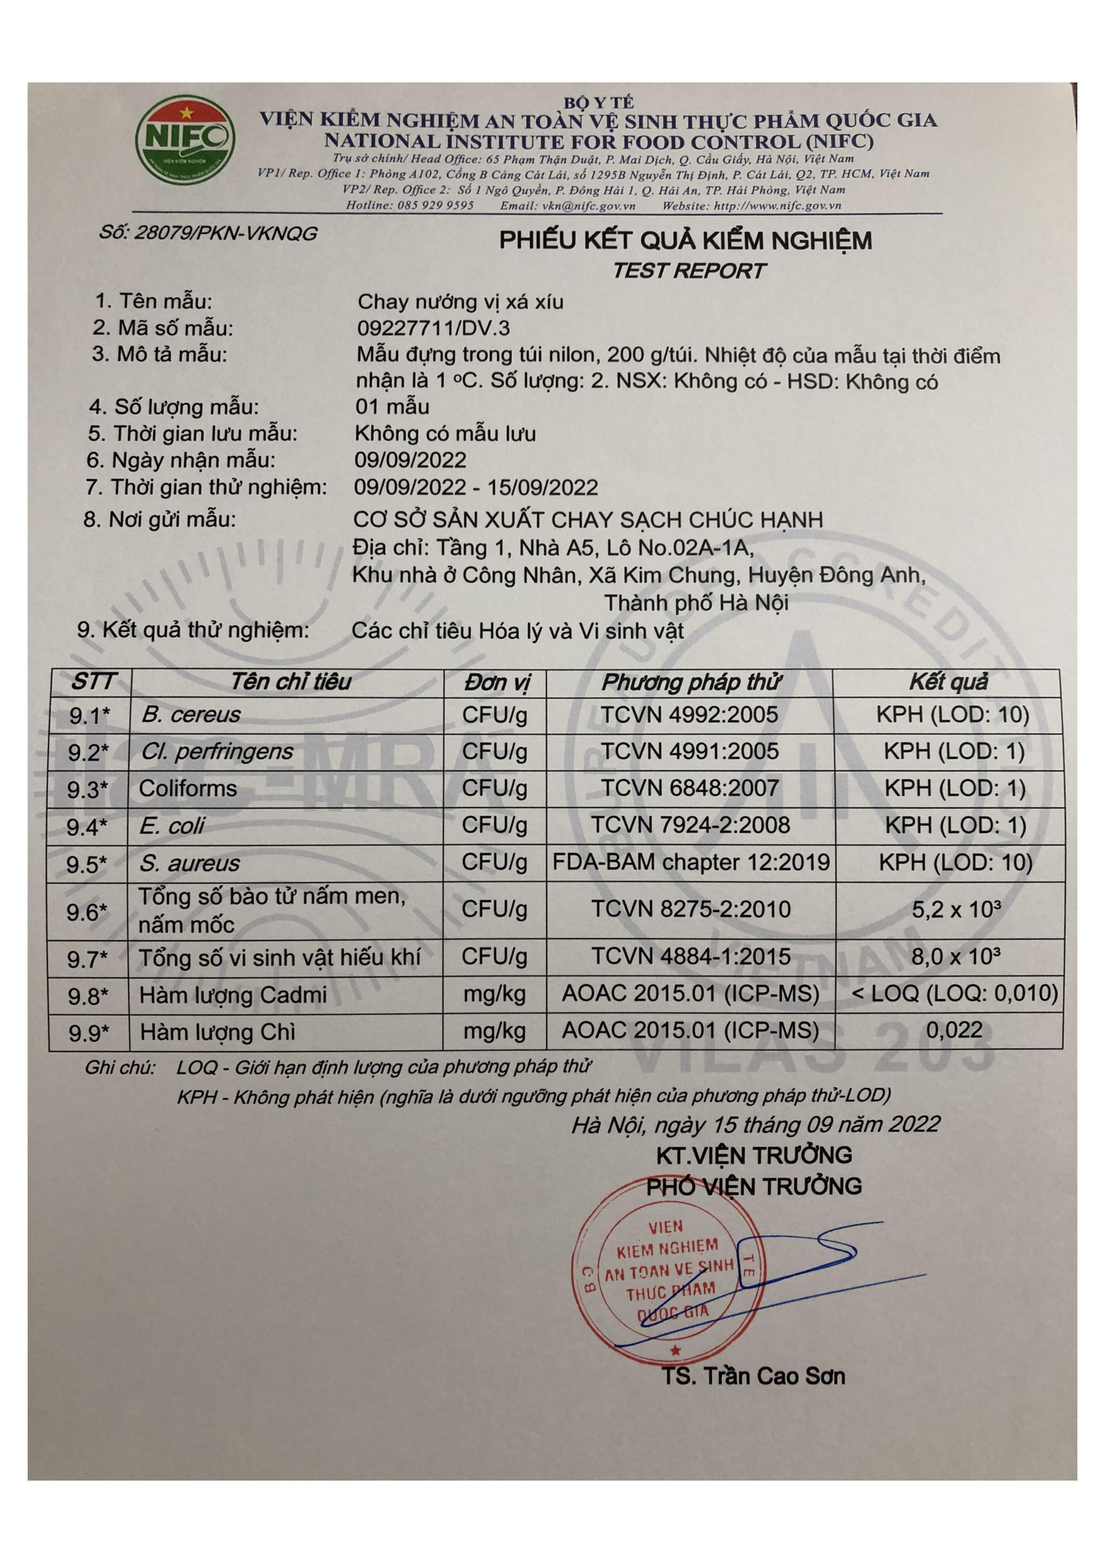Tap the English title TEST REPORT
(688, 271)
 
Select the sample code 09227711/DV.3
(433, 328)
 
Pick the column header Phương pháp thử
(690, 682)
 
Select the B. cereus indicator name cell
(191, 715)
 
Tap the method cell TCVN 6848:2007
(690, 788)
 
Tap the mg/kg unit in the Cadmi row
(494, 994)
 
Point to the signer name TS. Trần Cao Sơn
(754, 1377)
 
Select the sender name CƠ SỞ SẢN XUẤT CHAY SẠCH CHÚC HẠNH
(588, 520)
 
